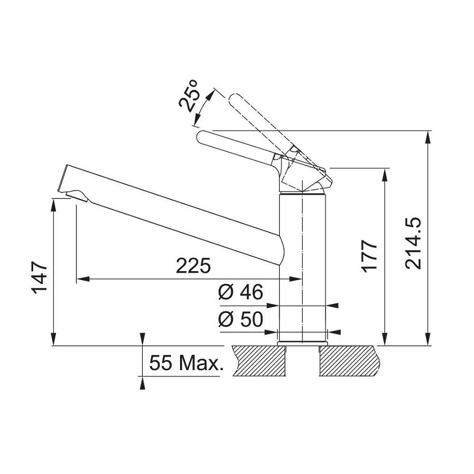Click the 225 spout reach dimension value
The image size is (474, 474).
click(193, 266)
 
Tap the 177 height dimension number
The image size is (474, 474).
click(370, 255)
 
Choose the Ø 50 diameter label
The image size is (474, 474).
click(240, 320)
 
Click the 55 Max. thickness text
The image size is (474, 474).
click(184, 363)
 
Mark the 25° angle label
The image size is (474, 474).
click(191, 95)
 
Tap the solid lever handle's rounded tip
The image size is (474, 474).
click(203, 138)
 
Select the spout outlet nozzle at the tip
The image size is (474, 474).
click(74, 195)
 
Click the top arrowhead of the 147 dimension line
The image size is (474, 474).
click(54, 204)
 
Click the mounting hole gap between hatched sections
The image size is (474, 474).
click(302, 363)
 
